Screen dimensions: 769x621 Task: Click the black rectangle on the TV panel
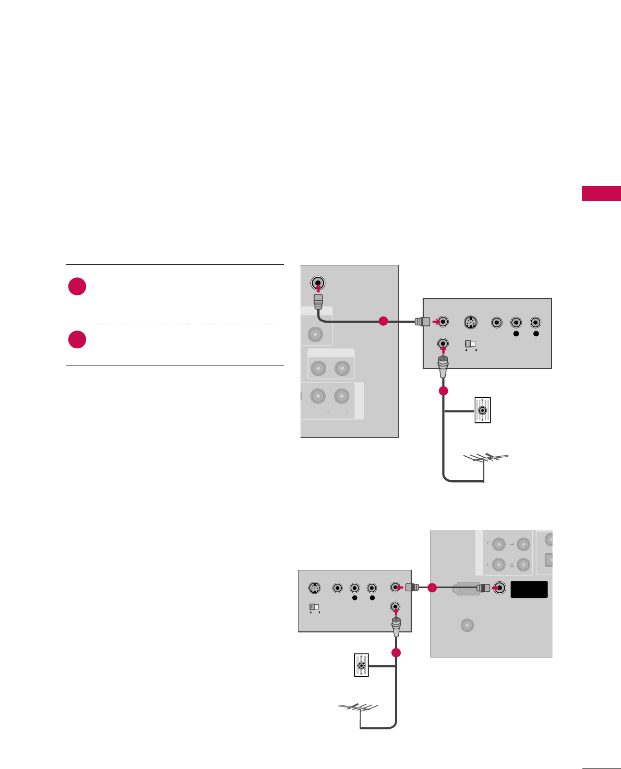click(x=529, y=589)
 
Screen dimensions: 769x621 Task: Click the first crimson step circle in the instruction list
click(x=77, y=286)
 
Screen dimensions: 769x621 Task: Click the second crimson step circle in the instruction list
click(x=77, y=339)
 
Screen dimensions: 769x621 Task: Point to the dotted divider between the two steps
click(x=189, y=324)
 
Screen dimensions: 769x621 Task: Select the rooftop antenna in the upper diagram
click(x=486, y=459)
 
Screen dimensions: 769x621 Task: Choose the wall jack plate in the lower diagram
click(x=361, y=665)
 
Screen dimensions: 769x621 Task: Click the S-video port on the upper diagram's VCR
click(x=471, y=323)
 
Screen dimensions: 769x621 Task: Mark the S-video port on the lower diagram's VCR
click(x=314, y=588)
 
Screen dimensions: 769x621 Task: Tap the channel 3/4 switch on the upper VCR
click(x=470, y=344)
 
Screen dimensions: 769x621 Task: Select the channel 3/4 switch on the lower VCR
click(x=314, y=607)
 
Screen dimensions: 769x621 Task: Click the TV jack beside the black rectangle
click(x=499, y=588)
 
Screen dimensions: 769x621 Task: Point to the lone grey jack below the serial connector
click(x=467, y=625)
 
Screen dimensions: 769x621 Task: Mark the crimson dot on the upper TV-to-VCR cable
click(x=383, y=321)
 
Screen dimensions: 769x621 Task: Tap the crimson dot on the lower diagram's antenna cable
click(x=396, y=653)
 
